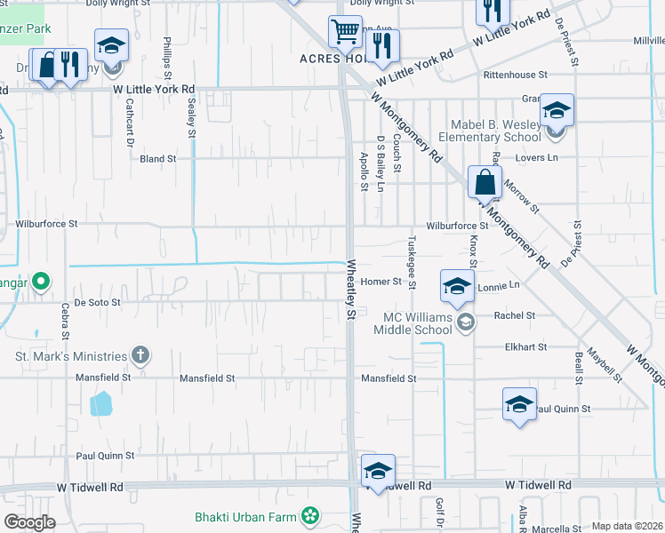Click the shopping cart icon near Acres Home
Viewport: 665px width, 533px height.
coord(344,32)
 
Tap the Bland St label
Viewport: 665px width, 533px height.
coord(158,159)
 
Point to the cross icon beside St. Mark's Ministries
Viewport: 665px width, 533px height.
coord(140,356)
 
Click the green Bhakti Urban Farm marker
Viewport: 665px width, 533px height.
coord(310,515)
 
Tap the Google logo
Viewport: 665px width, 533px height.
coord(29,522)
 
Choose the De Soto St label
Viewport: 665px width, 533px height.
coord(97,302)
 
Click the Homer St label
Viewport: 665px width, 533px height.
coord(382,282)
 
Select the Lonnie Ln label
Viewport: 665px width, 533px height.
coord(498,286)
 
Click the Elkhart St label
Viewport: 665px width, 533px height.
coord(524,347)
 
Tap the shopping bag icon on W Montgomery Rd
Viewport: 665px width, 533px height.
coord(485,182)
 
